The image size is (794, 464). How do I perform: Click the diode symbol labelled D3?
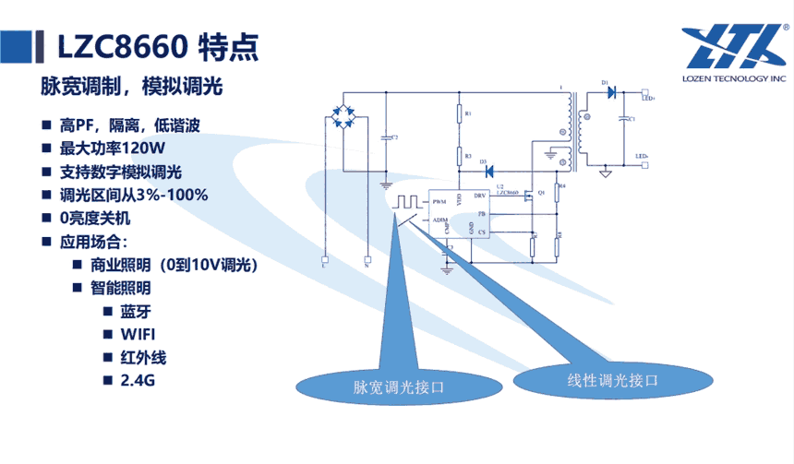pos(489,171)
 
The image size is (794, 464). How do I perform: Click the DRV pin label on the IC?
pos(479,196)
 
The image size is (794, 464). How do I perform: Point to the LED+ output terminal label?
pos(647,97)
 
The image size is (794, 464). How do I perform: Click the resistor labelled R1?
pos(459,114)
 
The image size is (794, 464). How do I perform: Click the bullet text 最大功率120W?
pos(112,149)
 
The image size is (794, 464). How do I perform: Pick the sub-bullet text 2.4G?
pos(134,379)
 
